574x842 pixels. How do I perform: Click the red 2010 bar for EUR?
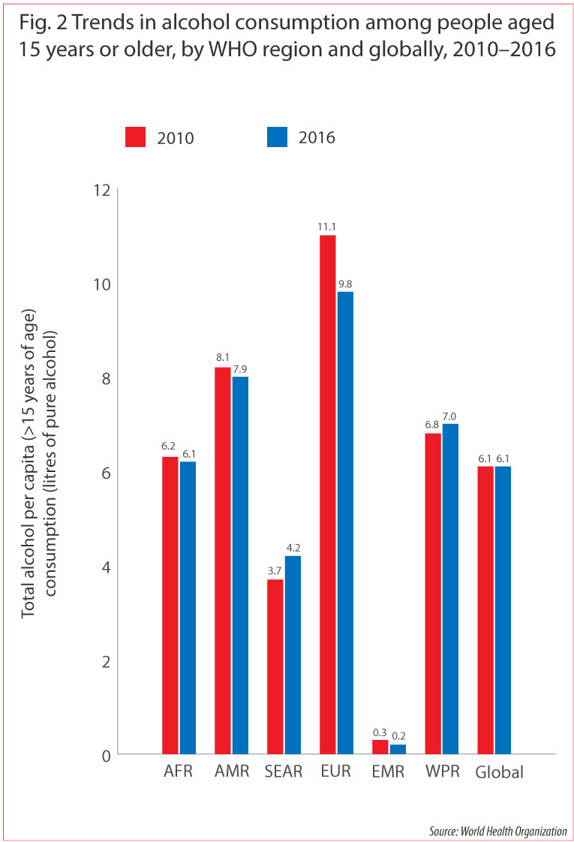[x=327, y=495]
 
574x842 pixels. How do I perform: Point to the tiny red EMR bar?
[x=380, y=747]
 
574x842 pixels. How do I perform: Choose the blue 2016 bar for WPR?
[x=450, y=589]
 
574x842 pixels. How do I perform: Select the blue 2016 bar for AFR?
[x=188, y=608]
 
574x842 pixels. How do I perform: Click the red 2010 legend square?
[x=135, y=138]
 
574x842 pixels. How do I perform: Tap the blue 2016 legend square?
[x=277, y=138]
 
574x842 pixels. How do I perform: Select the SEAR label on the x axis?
[x=283, y=772]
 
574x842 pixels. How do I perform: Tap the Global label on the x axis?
[x=499, y=772]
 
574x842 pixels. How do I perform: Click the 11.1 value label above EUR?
[x=326, y=226]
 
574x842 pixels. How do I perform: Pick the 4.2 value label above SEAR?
[x=292, y=547]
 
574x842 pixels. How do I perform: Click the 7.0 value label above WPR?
[x=450, y=415]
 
